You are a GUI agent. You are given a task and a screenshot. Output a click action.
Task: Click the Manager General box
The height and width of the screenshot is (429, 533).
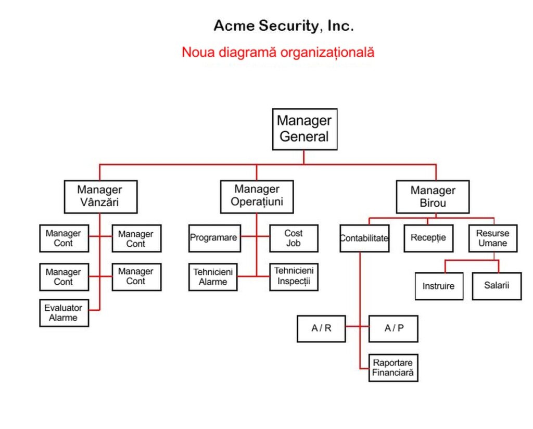(x=304, y=129)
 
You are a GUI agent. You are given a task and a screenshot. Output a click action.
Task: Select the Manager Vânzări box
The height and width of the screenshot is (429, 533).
(x=100, y=197)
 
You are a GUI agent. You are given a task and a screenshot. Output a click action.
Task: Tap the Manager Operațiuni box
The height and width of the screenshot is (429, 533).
(x=257, y=197)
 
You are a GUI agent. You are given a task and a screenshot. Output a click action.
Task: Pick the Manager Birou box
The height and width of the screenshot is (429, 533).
(x=433, y=197)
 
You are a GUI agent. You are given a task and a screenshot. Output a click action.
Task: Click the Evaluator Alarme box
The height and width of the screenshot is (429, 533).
(x=64, y=313)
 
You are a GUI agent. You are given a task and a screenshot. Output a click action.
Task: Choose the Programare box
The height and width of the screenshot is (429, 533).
(x=214, y=238)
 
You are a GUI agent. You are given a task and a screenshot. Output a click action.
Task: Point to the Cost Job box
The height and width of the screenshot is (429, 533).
(x=294, y=238)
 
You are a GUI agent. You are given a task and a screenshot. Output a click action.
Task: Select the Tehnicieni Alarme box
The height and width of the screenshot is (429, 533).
(x=213, y=277)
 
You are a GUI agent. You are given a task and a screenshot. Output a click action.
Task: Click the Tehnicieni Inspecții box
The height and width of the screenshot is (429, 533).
(x=294, y=276)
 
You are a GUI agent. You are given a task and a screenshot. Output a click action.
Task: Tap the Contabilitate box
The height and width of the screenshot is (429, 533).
(x=364, y=238)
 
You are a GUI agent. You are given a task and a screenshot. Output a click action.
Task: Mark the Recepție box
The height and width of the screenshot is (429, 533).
(x=428, y=238)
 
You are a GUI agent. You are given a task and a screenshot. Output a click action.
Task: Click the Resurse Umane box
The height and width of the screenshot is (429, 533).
(x=493, y=238)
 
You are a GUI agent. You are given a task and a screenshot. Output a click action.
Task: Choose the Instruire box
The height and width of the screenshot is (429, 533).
(x=439, y=286)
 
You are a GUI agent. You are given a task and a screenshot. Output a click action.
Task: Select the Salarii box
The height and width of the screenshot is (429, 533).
(x=497, y=286)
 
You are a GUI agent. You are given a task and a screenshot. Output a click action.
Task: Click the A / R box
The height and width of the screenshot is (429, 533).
(x=321, y=329)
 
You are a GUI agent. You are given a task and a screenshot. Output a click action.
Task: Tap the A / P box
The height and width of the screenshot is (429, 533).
(x=394, y=329)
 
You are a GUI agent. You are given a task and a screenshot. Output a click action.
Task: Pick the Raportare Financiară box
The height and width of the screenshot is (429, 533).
(x=394, y=368)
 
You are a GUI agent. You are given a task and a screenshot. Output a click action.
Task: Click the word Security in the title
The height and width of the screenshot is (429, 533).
(x=288, y=26)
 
